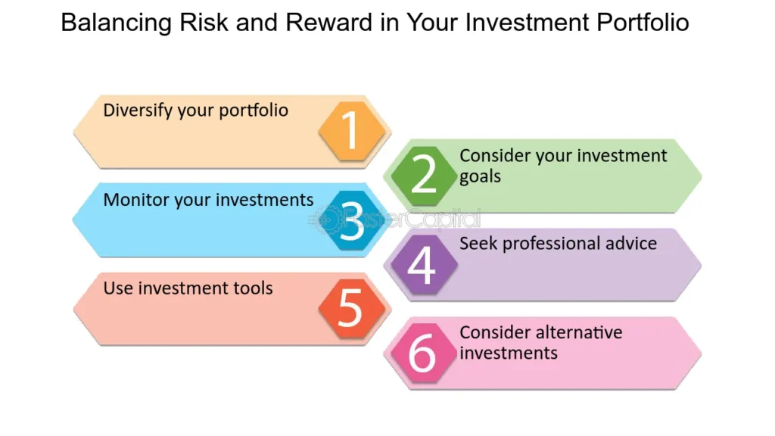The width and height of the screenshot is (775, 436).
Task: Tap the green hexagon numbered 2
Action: tap(424, 175)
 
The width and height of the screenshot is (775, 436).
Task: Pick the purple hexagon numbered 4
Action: tap(422, 265)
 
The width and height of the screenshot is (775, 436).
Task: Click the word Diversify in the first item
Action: tap(138, 111)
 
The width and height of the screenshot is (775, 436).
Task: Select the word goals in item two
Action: tap(480, 176)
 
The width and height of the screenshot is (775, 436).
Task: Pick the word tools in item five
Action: tap(254, 288)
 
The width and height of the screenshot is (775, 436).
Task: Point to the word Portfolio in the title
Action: tap(643, 23)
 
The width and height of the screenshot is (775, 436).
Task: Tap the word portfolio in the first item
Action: tap(254, 111)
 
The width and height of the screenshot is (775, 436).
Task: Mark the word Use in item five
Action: tap(117, 288)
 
